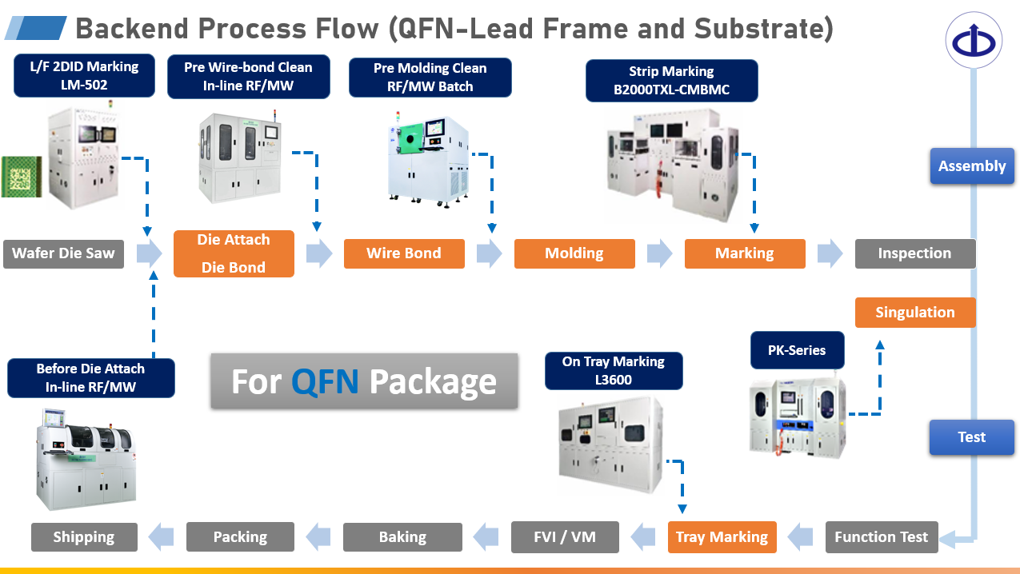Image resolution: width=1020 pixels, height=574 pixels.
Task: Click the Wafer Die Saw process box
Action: [x=63, y=253]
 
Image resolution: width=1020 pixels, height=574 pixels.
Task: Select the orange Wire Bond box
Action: [x=404, y=253]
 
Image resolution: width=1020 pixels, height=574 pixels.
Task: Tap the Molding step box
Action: [x=574, y=253]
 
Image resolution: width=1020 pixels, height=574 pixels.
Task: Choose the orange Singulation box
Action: [x=915, y=313]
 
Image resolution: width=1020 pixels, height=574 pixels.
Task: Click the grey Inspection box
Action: [x=914, y=253]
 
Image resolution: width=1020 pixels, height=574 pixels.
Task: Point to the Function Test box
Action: [x=881, y=537]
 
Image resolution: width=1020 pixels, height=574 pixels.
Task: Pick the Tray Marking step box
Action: [x=722, y=537]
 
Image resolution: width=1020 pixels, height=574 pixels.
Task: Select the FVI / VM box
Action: [x=565, y=537]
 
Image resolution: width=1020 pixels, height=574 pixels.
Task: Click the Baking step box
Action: [x=402, y=537]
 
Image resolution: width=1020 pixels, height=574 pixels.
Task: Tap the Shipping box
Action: [x=84, y=537]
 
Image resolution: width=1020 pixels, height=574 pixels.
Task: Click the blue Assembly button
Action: [x=971, y=166]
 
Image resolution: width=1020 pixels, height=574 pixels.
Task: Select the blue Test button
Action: [x=971, y=437]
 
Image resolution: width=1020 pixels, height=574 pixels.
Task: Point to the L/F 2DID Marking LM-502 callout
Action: [x=84, y=76]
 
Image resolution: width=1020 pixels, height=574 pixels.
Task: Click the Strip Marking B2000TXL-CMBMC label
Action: [x=671, y=81]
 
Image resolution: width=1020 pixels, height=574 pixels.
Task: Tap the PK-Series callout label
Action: [x=796, y=350]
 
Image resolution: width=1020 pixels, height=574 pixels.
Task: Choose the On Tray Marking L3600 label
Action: [x=614, y=371]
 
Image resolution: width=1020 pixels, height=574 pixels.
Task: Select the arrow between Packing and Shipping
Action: [x=162, y=536]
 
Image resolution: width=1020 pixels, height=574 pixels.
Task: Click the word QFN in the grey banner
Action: [x=325, y=382]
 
